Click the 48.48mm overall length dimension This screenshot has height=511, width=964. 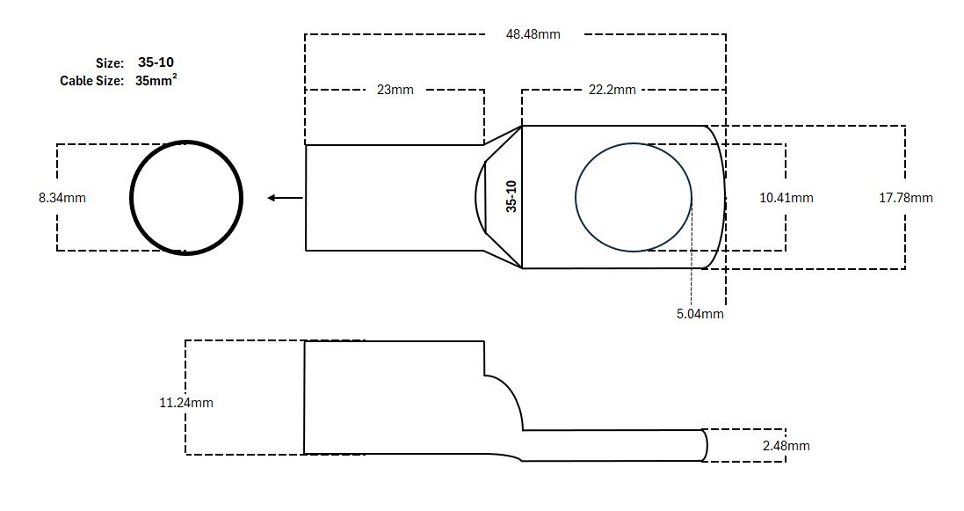pos(533,34)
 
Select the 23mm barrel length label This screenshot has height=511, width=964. pos(395,90)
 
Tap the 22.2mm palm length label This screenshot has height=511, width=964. pos(612,90)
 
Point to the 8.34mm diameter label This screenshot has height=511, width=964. pos(62,198)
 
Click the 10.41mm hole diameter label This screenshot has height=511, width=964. pos(786,198)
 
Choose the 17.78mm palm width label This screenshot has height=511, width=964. pos(906,198)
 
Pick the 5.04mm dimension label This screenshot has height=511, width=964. pos(700,314)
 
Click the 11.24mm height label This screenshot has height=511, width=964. pos(186,403)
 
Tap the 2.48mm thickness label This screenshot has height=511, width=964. pos(786,446)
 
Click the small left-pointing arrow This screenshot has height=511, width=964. pos(286,198)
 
